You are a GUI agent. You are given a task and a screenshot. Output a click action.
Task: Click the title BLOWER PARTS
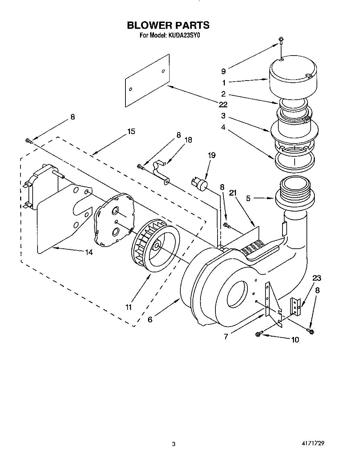pos(168,25)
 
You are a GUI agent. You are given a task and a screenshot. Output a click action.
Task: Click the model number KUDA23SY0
pos(184,35)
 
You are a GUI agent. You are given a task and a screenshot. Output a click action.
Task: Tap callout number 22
pos(223,105)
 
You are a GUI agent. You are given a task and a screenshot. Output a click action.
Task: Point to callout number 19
pos(211,155)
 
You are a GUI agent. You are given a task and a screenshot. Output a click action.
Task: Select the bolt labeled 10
pos(257,334)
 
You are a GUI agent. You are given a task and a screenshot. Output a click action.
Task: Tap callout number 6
pos(150,319)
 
